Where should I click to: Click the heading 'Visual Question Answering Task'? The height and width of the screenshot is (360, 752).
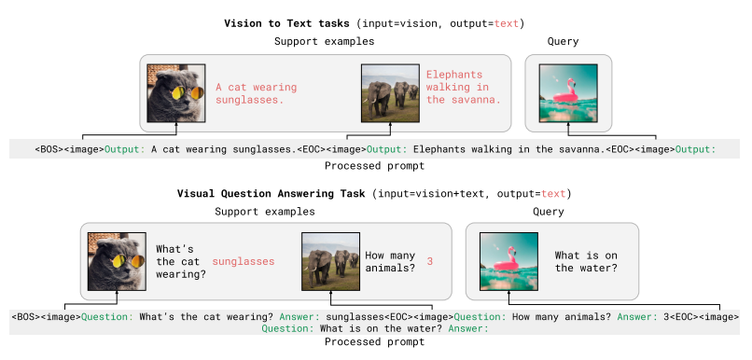click(272, 194)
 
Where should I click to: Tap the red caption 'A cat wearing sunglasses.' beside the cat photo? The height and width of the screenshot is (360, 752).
click(250, 93)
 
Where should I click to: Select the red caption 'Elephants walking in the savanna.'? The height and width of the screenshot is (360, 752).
click(463, 87)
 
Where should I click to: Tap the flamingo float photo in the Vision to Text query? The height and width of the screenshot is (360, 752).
click(567, 93)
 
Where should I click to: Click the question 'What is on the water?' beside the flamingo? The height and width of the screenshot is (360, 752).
click(586, 261)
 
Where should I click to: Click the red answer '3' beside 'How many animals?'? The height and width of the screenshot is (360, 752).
click(430, 262)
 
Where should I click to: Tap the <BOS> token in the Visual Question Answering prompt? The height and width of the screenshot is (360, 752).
click(29, 317)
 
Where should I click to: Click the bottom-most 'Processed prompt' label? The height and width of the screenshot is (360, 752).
click(363, 342)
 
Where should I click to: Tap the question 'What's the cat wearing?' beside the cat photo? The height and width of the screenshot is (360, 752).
click(176, 262)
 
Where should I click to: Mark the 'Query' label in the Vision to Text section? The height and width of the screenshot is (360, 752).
click(564, 42)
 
